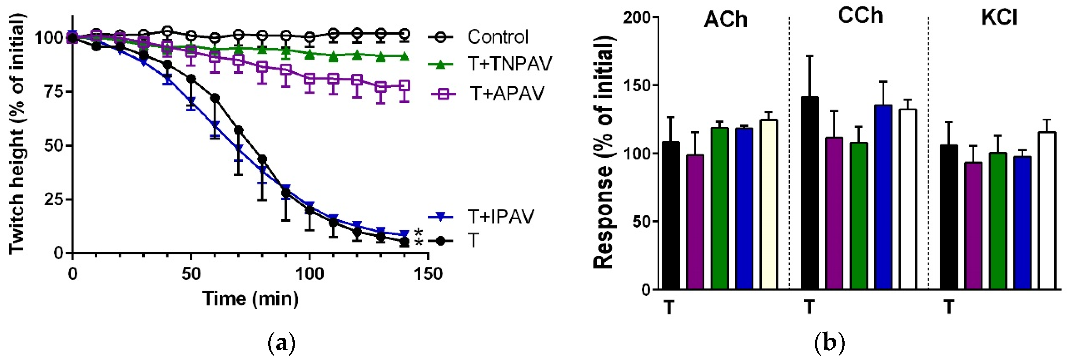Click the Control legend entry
coord(497,37)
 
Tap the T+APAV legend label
coord(507,94)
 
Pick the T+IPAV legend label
coord(500,216)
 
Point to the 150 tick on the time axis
coord(427,274)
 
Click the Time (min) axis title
coord(251,298)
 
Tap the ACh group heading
coord(725,20)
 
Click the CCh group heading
coord(860,16)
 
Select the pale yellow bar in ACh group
coord(769,205)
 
